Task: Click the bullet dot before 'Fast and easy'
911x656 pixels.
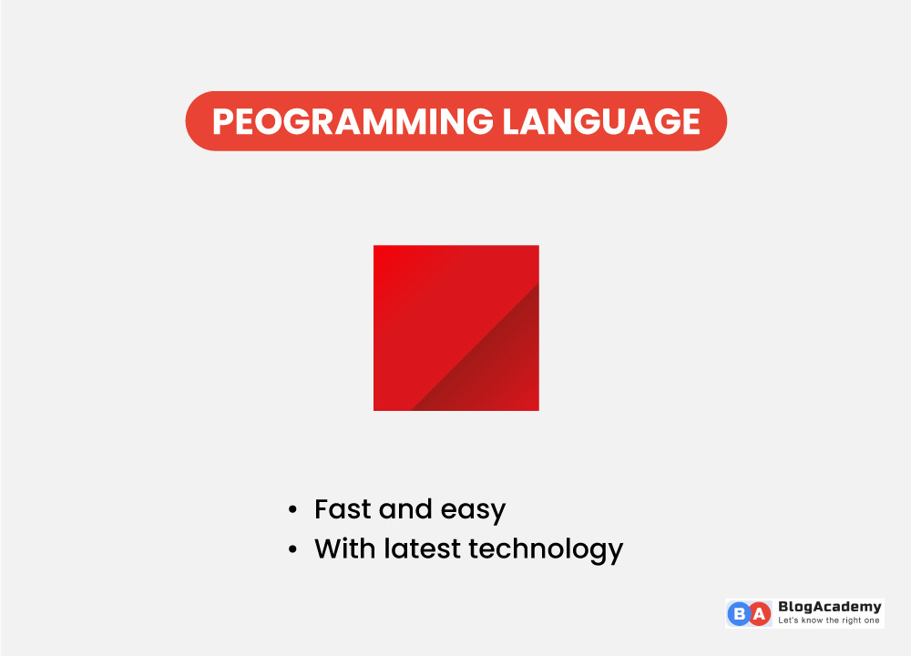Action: [x=292, y=509]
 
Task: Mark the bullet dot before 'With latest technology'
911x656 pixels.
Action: [x=292, y=549]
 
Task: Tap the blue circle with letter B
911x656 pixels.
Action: [x=738, y=614]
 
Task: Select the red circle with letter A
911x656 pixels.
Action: [x=759, y=614]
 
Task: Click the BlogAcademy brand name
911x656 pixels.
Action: [x=829, y=607]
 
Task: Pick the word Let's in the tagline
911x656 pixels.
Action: [x=788, y=620]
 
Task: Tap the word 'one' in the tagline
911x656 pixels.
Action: [x=873, y=620]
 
